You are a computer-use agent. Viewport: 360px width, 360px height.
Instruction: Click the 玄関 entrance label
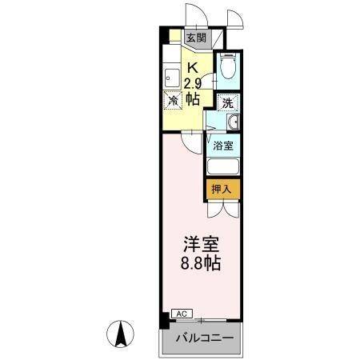pos(195,37)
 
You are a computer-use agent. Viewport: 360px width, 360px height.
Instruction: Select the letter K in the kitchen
pos(193,67)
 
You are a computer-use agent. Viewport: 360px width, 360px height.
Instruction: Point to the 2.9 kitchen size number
pos(193,83)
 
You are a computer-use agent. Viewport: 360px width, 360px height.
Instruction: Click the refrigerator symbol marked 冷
pos(173,100)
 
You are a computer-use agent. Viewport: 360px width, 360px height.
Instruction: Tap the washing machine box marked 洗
pos(228,102)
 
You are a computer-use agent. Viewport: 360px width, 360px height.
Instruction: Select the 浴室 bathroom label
pos(225,146)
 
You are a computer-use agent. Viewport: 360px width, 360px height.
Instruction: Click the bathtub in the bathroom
pos(224,167)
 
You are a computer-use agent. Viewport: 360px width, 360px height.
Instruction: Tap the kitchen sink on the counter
pos(172,78)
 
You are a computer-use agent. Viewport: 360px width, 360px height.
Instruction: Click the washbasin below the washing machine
pos(231,122)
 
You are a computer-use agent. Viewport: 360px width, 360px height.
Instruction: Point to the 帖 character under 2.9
pos(193,99)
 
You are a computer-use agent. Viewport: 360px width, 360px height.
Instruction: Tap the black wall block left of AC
pos(164,319)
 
